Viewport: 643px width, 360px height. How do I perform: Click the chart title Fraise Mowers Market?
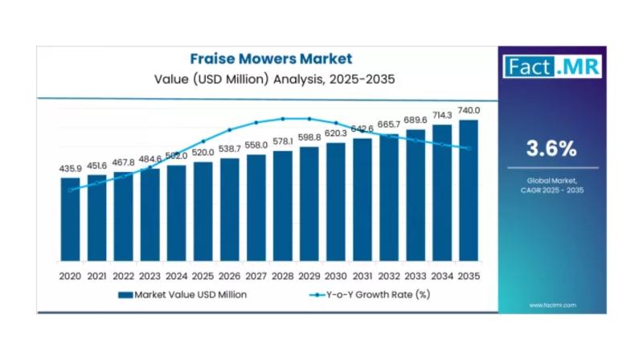(x=271, y=59)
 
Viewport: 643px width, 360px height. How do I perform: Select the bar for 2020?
(x=71, y=219)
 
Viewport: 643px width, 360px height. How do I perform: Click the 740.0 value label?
(x=469, y=110)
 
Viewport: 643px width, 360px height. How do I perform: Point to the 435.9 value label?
(x=71, y=169)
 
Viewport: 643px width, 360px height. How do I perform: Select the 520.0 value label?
(x=203, y=153)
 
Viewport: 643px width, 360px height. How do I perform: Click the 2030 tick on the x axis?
(x=336, y=275)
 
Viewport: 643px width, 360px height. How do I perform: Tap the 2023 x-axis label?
(x=150, y=275)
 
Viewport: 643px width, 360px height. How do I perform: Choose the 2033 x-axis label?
(x=416, y=275)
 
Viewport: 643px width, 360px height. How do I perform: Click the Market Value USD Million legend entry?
(x=183, y=295)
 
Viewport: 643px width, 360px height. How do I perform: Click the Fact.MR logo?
(x=551, y=66)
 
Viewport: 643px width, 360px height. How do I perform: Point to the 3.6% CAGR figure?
(x=551, y=148)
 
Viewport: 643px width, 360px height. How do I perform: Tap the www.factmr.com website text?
(x=551, y=305)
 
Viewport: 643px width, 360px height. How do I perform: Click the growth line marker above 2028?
(x=283, y=118)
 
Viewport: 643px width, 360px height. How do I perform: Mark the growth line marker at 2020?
(x=71, y=190)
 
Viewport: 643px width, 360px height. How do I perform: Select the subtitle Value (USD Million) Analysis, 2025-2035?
(x=271, y=80)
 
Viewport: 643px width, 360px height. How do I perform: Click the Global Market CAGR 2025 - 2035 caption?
(x=551, y=186)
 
